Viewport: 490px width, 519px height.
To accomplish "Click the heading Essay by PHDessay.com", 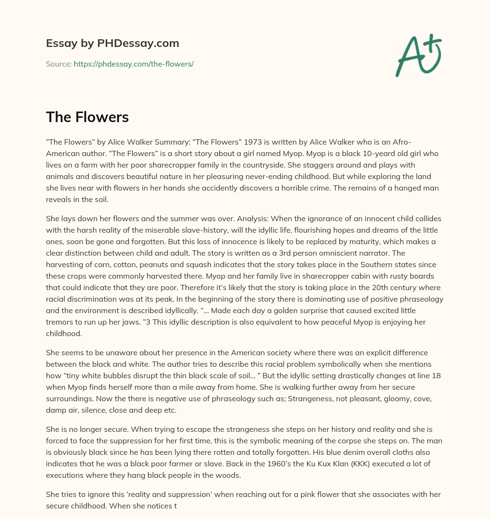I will click(x=112, y=44).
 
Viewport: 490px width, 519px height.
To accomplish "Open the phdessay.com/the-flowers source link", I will click(x=134, y=64).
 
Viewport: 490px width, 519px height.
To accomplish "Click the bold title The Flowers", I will click(x=87, y=117).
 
